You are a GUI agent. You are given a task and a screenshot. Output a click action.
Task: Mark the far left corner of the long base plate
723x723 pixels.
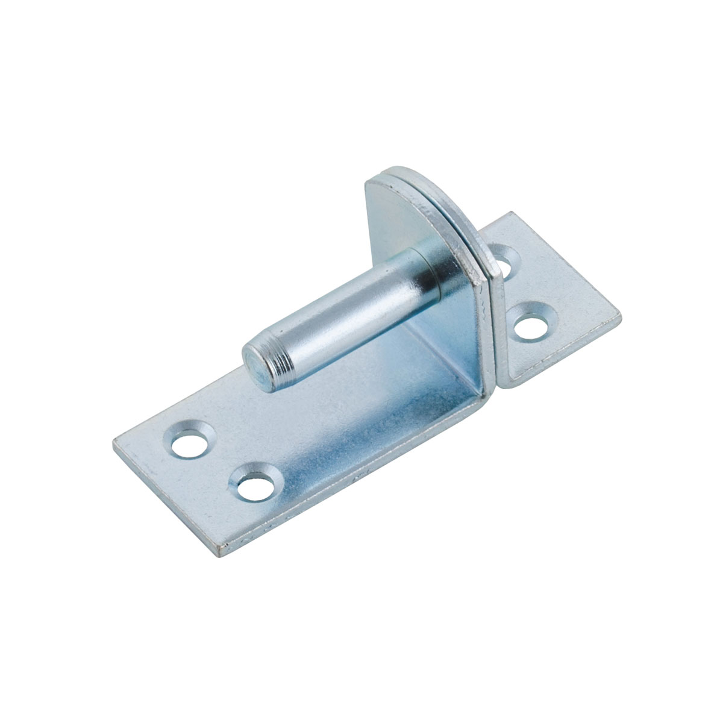114,442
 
